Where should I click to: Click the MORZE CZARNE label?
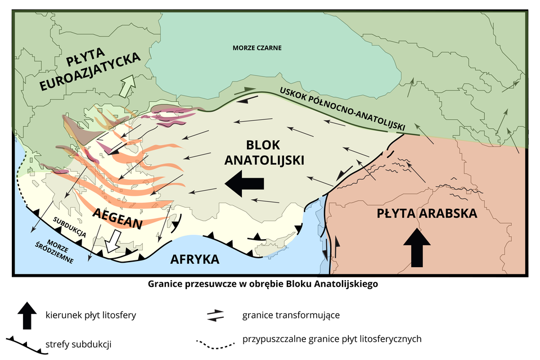[256, 48]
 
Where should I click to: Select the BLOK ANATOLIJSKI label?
[264, 152]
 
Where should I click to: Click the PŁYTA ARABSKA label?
[427, 214]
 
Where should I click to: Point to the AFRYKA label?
[194, 259]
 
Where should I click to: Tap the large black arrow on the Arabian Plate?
[417, 246]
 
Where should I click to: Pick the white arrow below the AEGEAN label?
[113, 240]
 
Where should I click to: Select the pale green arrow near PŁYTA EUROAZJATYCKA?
[129, 86]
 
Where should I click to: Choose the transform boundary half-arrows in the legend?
[215, 316]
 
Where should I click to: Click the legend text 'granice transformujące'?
[291, 315]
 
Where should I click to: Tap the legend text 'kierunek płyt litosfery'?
[90, 315]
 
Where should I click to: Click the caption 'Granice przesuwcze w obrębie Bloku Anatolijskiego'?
[263, 284]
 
